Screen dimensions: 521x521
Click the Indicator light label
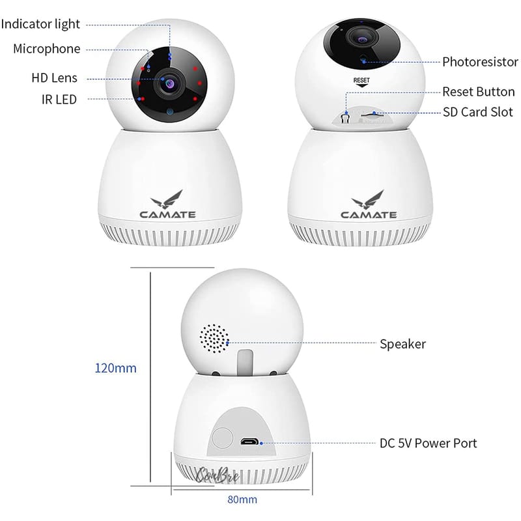click(40, 24)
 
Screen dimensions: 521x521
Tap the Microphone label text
click(46, 49)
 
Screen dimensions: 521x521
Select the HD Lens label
click(54, 77)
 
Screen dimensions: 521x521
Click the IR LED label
click(59, 100)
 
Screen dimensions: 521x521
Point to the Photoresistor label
click(480, 62)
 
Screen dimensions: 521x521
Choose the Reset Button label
click(479, 92)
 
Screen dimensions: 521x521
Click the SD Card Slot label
click(478, 112)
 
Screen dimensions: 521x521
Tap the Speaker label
click(402, 344)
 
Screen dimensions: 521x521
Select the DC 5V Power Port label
click(429, 444)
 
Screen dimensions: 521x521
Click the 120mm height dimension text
click(116, 368)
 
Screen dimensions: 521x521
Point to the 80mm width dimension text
click(242, 500)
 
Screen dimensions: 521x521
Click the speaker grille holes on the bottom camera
click(214, 338)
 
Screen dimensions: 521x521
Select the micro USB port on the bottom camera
click(249, 442)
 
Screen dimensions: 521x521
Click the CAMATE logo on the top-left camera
click(168, 204)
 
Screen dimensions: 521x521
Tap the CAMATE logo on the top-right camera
click(369, 204)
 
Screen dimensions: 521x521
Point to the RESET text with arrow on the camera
click(361, 82)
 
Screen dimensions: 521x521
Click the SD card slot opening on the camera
click(372, 115)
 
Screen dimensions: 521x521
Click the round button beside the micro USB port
click(222, 438)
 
